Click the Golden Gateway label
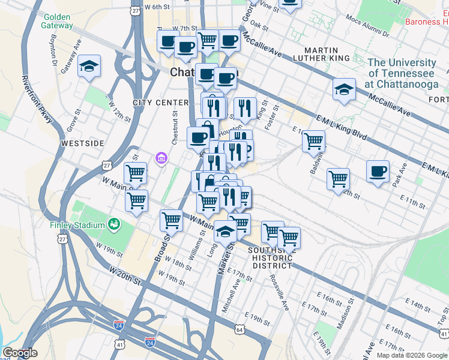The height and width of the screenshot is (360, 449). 58,21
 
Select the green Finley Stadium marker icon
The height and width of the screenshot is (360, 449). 113,224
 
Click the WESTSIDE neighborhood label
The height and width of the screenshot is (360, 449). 82,143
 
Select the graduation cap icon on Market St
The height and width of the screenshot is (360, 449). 225,230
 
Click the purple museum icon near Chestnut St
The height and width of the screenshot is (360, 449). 161,158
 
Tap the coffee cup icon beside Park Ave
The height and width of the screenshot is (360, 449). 378,171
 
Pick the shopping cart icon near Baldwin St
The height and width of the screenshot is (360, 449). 313,142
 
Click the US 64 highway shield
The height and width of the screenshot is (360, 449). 240,329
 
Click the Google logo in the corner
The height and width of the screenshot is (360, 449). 20,353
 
